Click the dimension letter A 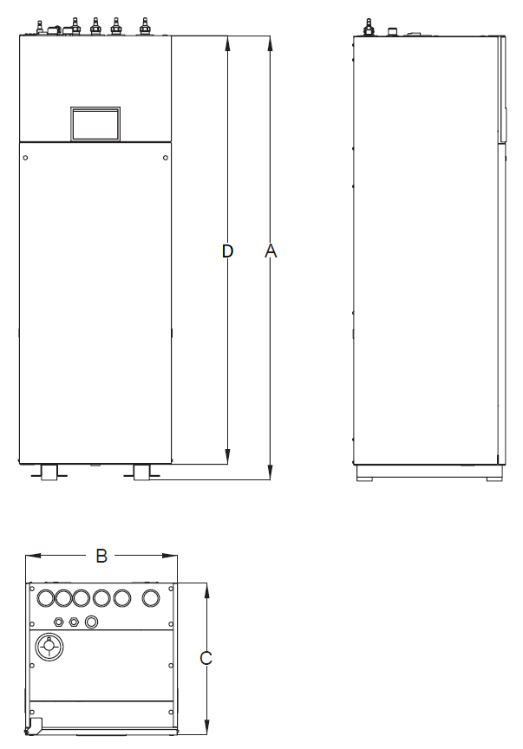(271, 251)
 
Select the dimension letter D (227, 251)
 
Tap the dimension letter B (101, 556)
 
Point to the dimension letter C (206, 659)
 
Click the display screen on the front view (95, 123)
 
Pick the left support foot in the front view (50, 472)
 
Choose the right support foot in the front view (141, 472)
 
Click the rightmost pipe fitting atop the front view (144, 26)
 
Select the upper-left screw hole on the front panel (26, 157)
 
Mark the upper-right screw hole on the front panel (165, 157)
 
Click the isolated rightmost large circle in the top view (151, 598)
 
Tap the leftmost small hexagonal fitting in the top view (58, 622)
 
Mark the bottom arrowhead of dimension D (227, 457)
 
